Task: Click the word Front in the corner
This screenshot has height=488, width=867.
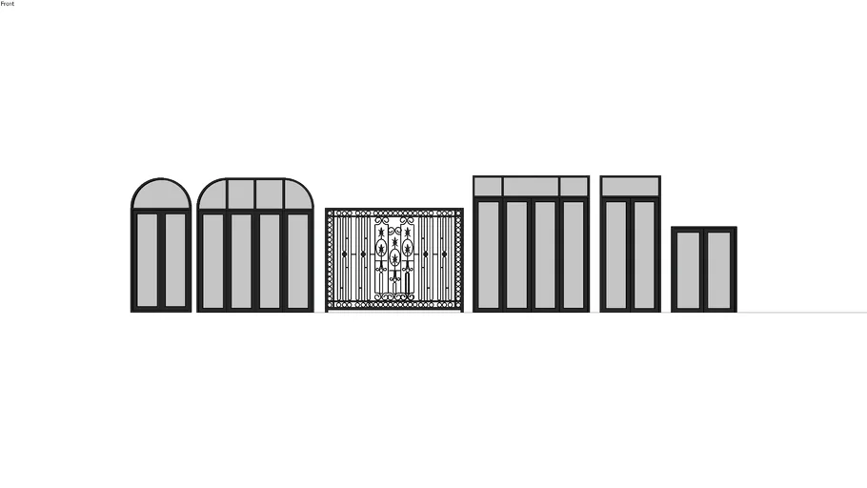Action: [8, 3]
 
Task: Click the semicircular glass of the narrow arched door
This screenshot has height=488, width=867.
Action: [161, 194]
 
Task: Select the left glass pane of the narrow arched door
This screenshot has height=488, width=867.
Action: [147, 260]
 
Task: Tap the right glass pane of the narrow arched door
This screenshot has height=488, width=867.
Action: [175, 260]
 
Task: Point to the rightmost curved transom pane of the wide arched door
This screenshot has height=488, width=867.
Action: [297, 195]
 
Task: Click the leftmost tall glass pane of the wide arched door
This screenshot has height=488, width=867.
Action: [212, 261]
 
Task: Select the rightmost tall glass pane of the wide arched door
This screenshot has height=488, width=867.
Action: [298, 261]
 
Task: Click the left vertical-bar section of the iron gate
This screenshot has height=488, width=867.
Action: [353, 258]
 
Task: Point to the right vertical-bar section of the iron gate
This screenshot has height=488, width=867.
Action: [435, 258]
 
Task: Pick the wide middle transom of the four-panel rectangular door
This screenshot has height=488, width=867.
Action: [531, 187]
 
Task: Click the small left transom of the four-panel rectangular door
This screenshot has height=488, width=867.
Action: [488, 187]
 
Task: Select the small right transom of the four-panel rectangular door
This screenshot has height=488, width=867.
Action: [574, 187]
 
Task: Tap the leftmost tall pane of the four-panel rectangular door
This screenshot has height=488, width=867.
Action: [488, 255]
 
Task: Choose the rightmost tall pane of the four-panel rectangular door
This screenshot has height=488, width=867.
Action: [574, 255]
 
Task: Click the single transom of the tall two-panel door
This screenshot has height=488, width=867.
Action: [631, 187]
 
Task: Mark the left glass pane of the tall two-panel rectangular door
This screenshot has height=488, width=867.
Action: [616, 255]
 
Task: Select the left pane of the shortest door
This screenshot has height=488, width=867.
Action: [689, 270]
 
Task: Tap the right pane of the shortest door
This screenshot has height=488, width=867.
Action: [719, 270]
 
